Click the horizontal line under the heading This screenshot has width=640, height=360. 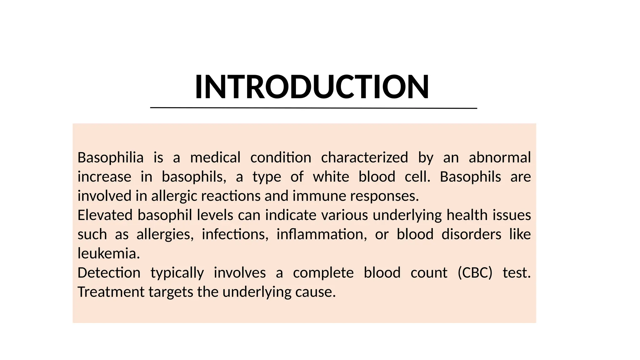313,108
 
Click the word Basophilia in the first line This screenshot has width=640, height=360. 110,157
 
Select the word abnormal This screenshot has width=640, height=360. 499,157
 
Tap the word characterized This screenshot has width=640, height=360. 364,157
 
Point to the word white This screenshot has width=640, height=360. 331,177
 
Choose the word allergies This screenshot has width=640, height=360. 165,235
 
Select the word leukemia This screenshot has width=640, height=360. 108,254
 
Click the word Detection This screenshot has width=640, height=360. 109,273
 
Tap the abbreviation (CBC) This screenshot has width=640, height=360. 475,273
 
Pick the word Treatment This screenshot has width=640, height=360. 111,292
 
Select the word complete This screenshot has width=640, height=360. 323,273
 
